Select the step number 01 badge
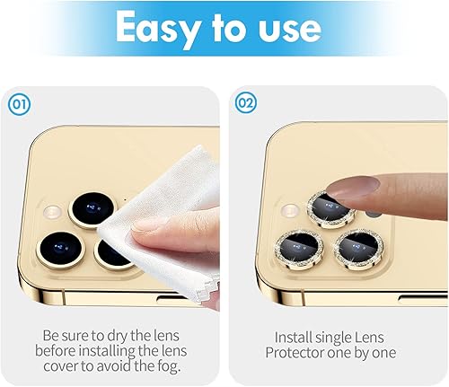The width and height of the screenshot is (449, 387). click(x=19, y=103)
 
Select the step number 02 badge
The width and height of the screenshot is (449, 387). click(x=245, y=103)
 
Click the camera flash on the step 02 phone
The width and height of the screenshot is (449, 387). click(x=288, y=213)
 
